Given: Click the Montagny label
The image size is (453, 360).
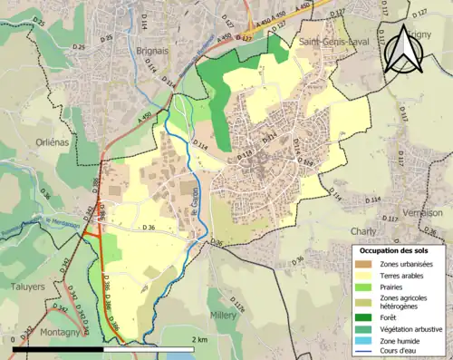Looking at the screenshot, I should (62, 332).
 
